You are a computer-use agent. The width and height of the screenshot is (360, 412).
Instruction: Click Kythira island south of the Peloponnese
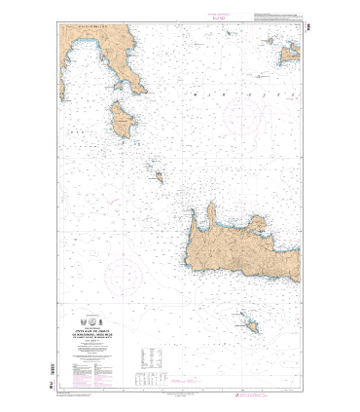coord(125,122)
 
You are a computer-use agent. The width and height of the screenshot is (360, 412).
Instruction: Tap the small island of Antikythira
coord(159,176)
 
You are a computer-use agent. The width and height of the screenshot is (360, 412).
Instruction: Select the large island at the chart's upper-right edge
coord(288,54)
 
